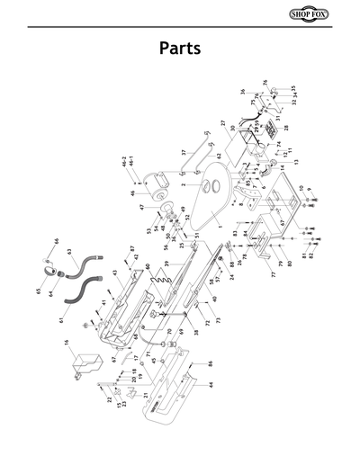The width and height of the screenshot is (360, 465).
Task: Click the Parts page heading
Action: pos(179,47)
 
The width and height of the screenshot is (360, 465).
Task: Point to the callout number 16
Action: pos(67,343)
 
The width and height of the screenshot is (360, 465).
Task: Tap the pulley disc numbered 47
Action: pos(167,212)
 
